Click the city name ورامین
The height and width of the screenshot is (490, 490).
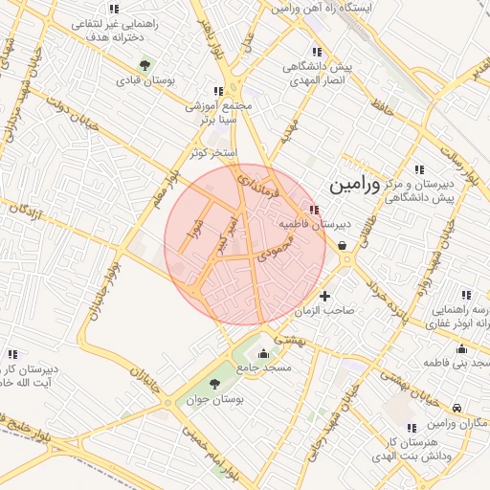(353, 185)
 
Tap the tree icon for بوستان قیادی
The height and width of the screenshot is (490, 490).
(145, 65)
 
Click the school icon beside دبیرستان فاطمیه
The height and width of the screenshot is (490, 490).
(314, 210)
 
